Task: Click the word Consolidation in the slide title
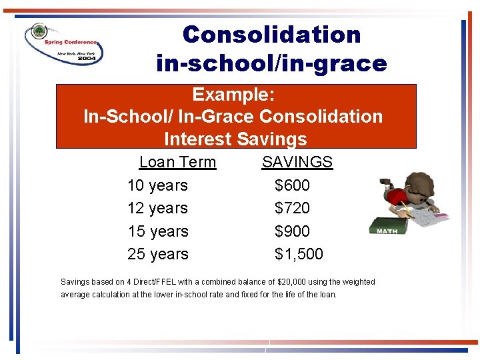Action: [x=271, y=35]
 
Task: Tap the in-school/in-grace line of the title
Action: [x=271, y=63]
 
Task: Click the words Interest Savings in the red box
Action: [x=235, y=139]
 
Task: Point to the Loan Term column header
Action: [x=177, y=162]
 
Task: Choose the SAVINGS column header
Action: [x=297, y=162]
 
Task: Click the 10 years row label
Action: [x=157, y=185]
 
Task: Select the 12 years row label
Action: [x=157, y=208]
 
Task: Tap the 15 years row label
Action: [x=157, y=231]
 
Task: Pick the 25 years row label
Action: [x=157, y=254]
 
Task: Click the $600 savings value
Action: [x=292, y=185]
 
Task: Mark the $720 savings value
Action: [x=292, y=208]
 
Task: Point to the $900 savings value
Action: [x=292, y=231]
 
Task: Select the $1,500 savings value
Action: [x=299, y=254]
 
